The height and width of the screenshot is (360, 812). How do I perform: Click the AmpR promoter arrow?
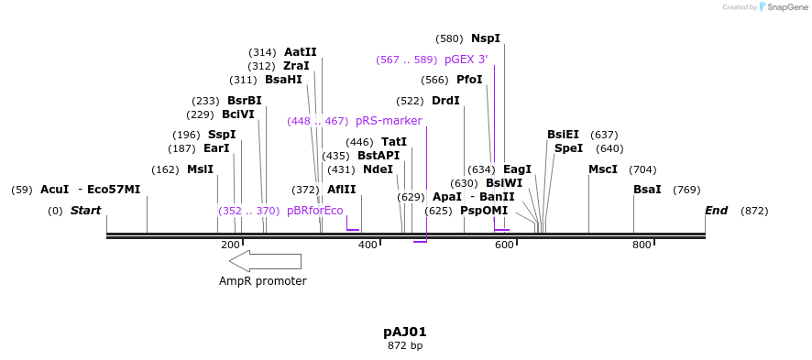[x=265, y=261]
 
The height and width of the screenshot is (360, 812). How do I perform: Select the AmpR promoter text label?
[x=262, y=281]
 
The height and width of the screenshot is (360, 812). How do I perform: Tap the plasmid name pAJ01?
[x=404, y=332]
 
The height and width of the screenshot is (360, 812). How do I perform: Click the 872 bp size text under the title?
[x=404, y=346]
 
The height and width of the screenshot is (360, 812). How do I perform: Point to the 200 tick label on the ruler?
[x=230, y=245]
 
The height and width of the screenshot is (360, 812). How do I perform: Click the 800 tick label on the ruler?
[x=642, y=245]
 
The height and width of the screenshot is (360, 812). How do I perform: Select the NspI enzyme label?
[x=486, y=38]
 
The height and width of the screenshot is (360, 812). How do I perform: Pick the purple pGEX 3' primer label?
[x=466, y=60]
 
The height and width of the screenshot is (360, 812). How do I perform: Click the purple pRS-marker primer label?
[x=389, y=121]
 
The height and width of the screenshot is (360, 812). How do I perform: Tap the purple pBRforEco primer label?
[x=314, y=211]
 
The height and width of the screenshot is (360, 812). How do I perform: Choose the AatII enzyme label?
[x=300, y=52]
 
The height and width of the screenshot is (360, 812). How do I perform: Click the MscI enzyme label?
[x=603, y=169]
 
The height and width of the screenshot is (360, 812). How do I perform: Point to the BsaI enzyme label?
[x=647, y=190]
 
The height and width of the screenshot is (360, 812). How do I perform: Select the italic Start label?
[x=85, y=211]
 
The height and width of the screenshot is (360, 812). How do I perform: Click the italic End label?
[x=716, y=211]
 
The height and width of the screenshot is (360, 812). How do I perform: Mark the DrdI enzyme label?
[x=445, y=101]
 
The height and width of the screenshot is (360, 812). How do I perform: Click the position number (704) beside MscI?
[x=642, y=169]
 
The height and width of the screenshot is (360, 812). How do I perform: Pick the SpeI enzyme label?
[x=568, y=148]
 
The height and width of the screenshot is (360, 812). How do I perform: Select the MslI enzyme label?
[x=200, y=169]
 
